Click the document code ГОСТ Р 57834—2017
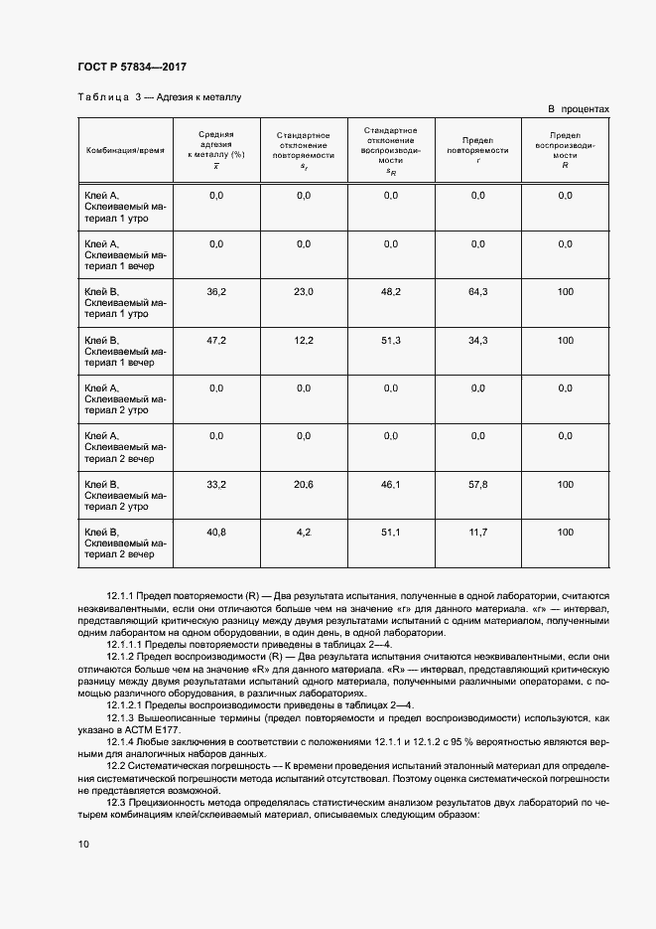click(x=132, y=67)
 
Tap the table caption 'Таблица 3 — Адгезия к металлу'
click(x=160, y=97)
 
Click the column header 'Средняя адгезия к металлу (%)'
click(x=216, y=149)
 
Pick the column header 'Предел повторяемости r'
click(x=477, y=149)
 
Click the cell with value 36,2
click(x=216, y=292)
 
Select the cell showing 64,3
click(x=477, y=292)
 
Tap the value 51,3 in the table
click(x=390, y=341)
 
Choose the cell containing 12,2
click(x=304, y=341)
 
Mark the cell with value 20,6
click(x=304, y=485)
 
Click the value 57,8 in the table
click(x=477, y=485)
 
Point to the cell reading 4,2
click(x=304, y=533)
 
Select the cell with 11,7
click(x=477, y=533)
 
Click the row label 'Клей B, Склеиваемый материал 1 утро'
click(x=126, y=302)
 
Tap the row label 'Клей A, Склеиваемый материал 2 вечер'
click(x=126, y=446)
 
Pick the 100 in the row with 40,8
click(x=565, y=533)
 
